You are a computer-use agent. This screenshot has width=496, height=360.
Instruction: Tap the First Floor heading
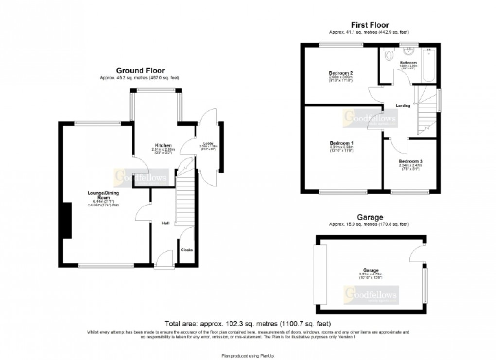[x=370, y=25]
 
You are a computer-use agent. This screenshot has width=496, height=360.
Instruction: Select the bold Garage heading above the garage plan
[x=370, y=217]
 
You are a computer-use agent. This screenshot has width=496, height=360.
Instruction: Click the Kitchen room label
[x=163, y=145]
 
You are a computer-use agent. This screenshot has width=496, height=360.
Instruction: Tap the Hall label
[x=165, y=223]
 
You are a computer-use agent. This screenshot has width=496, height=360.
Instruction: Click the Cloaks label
[x=187, y=250]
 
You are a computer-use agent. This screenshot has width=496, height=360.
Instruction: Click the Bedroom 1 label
[x=341, y=143]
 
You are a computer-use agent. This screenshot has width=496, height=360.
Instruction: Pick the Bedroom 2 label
[x=340, y=73]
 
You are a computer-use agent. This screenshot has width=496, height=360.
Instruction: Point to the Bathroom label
[x=408, y=63]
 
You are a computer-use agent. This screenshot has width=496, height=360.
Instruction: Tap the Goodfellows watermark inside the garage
[x=371, y=295]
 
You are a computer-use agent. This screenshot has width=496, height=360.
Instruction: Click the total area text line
[x=248, y=324]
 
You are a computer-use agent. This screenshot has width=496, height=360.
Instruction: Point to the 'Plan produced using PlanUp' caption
[x=248, y=355]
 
